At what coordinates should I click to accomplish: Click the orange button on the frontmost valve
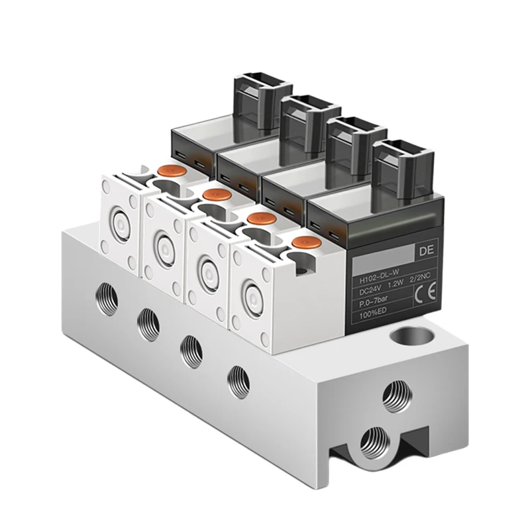pyautogui.click(x=304, y=243)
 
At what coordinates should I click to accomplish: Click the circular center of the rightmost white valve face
pyautogui.click(x=251, y=293)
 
